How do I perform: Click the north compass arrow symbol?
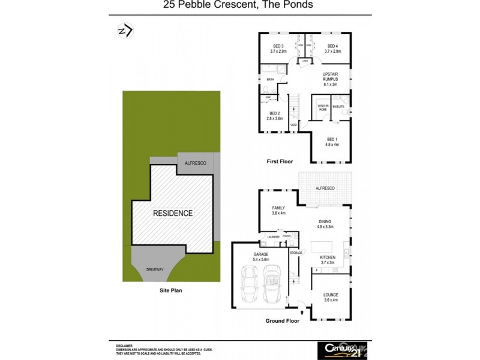click(x=125, y=31)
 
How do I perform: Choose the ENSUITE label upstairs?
click(x=338, y=107)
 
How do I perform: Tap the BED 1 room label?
click(x=332, y=142)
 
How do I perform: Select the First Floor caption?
click(x=282, y=161)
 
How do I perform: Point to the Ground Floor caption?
click(x=282, y=321)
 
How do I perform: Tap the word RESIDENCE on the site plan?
click(x=173, y=213)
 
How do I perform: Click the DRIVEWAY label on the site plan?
click(x=155, y=269)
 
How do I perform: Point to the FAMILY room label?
click(x=278, y=211)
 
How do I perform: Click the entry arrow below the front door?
click(x=302, y=312)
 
